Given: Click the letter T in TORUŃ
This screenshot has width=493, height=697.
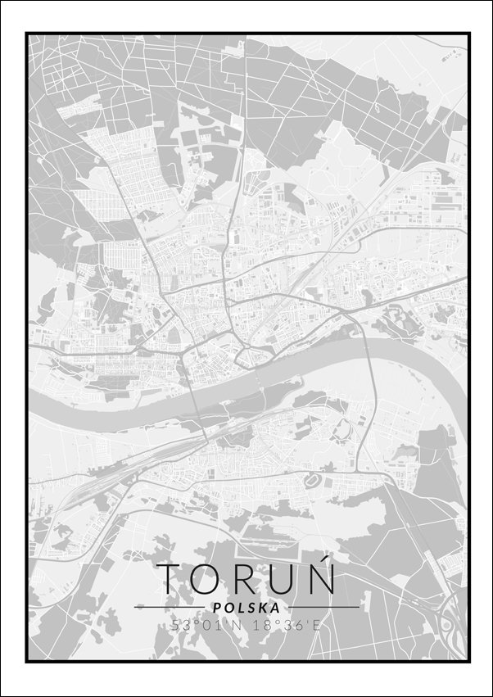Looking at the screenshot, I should [x=172, y=578].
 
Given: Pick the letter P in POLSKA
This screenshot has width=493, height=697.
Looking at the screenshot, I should [x=215, y=608].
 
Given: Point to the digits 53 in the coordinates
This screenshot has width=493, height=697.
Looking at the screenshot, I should [x=179, y=625].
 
